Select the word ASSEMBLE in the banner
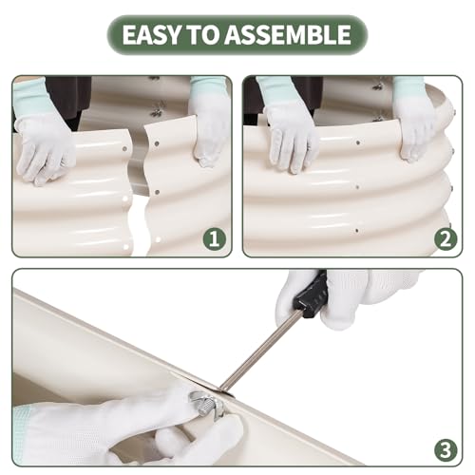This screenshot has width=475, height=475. coord(288,34)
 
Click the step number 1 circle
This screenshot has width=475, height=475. coord(215,239)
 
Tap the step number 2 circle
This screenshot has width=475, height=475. coord(446,239)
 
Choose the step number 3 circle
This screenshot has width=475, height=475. coord(446,449)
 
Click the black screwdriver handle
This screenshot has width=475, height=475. coord(310,294)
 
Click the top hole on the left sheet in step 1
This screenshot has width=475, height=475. coord(124,148)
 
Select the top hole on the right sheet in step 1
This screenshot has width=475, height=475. coord(157,143)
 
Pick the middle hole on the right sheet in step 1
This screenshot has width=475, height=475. coord(157,192)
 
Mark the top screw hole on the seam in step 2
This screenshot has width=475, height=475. coord(358,142)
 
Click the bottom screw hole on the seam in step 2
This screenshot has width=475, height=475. coord(357,231)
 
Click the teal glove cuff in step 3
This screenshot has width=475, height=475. coord(22,434)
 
